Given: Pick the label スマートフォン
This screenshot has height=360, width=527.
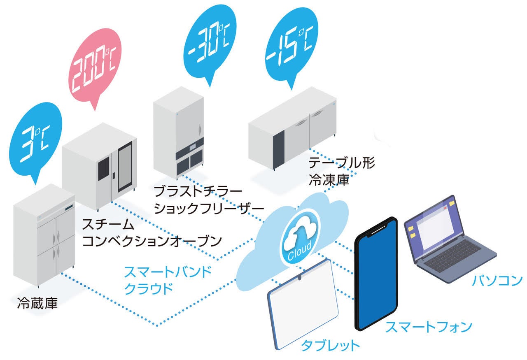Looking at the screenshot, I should [x=428, y=327].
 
